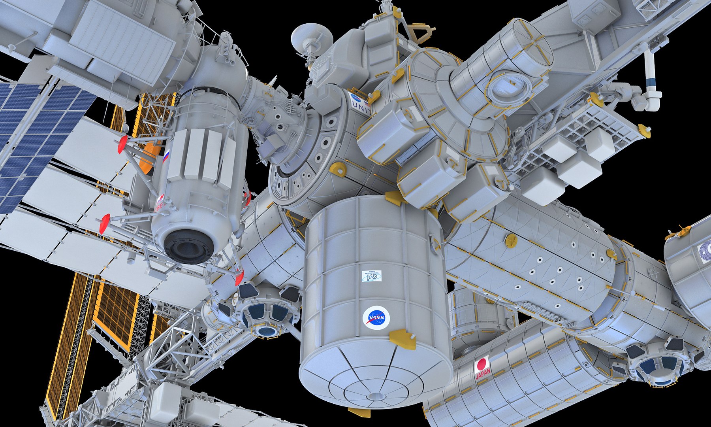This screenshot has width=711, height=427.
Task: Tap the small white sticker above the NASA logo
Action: pos(372,276)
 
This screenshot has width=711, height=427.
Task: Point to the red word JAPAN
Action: pos(483,374)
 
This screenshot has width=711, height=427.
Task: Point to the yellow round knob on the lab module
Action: pos(511,240)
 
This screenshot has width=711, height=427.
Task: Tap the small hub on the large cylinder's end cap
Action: pos(375,397)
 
